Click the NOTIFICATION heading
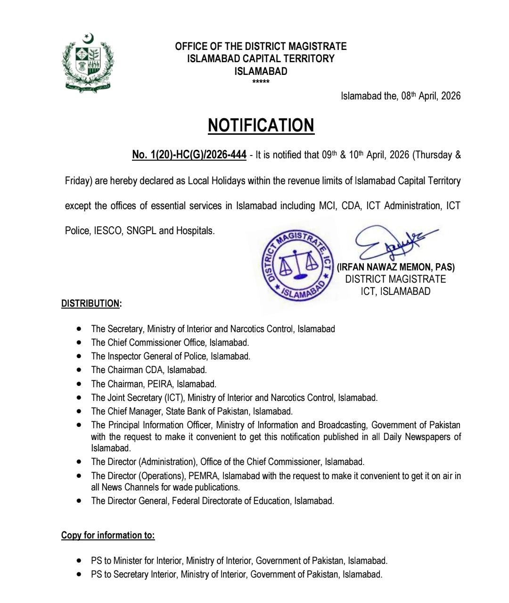pyautogui.click(x=261, y=125)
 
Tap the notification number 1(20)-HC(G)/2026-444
pyautogui.click(x=189, y=155)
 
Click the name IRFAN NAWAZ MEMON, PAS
pyautogui.click(x=396, y=267)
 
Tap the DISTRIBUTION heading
pyautogui.click(x=91, y=303)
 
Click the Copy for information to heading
pyautogui.click(x=108, y=535)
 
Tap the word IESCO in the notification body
pyautogui.click(x=107, y=231)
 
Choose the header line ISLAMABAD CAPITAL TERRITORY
pyautogui.click(x=261, y=59)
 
